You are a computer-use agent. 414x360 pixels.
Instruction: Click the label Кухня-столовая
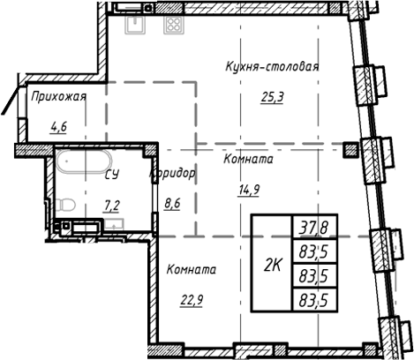[271, 67]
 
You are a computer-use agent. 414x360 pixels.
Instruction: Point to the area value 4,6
[59, 126]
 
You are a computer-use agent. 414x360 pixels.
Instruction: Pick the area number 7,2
[113, 206]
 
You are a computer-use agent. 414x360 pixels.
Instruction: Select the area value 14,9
[247, 187]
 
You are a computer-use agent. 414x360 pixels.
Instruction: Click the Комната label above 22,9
[191, 269]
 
